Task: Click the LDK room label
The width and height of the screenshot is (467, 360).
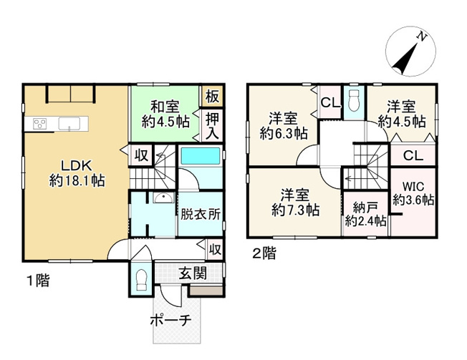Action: coord(77,173)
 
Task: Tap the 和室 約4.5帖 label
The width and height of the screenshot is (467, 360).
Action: coord(165,115)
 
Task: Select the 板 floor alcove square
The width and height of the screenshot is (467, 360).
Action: coord(212,96)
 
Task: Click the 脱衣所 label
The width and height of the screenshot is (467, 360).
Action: coord(201,214)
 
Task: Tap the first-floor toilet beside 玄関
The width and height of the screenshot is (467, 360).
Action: coord(140,280)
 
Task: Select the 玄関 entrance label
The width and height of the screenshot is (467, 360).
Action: coord(193,273)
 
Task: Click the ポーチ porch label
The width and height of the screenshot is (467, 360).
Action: coord(171,321)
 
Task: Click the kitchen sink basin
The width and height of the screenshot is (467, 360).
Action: coord(69,124)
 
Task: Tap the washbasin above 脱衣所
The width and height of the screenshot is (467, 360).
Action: coord(163,198)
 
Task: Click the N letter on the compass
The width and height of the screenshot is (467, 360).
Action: coord(421,37)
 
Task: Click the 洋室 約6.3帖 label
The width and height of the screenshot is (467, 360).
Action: coord(283,126)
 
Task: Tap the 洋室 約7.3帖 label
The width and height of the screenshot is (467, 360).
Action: coord(295,203)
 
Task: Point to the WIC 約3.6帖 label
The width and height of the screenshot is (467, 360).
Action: coord(413,194)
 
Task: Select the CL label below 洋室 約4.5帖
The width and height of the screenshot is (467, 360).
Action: coord(413,155)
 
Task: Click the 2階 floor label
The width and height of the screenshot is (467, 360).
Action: coord(264,254)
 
